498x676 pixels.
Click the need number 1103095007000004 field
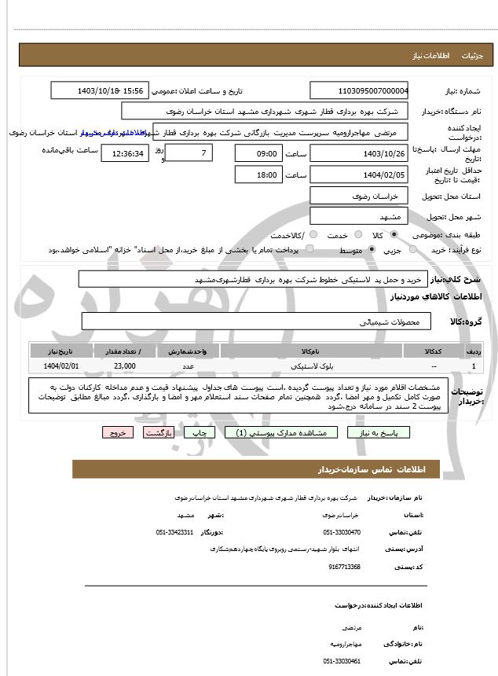coord(359,91)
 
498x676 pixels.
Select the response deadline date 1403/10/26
coord(359,153)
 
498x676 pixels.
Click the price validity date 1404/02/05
coord(359,175)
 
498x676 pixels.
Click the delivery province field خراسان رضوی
coord(359,195)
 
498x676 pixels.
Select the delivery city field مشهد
coord(359,215)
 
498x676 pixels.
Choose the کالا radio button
coord(394,235)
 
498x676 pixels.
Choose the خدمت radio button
coord(357,235)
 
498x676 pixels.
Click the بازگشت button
coord(159,432)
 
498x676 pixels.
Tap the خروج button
coord(118,432)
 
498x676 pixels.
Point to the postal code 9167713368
coord(345,567)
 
